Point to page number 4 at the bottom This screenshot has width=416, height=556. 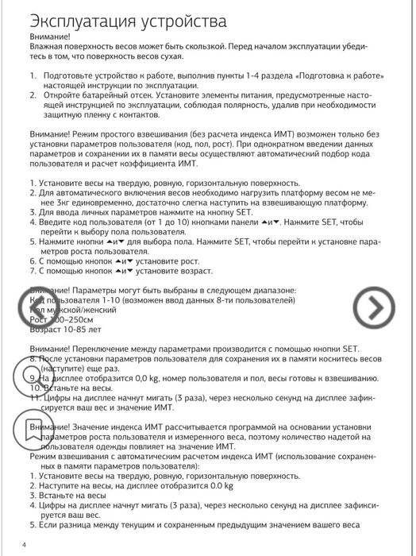24,544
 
